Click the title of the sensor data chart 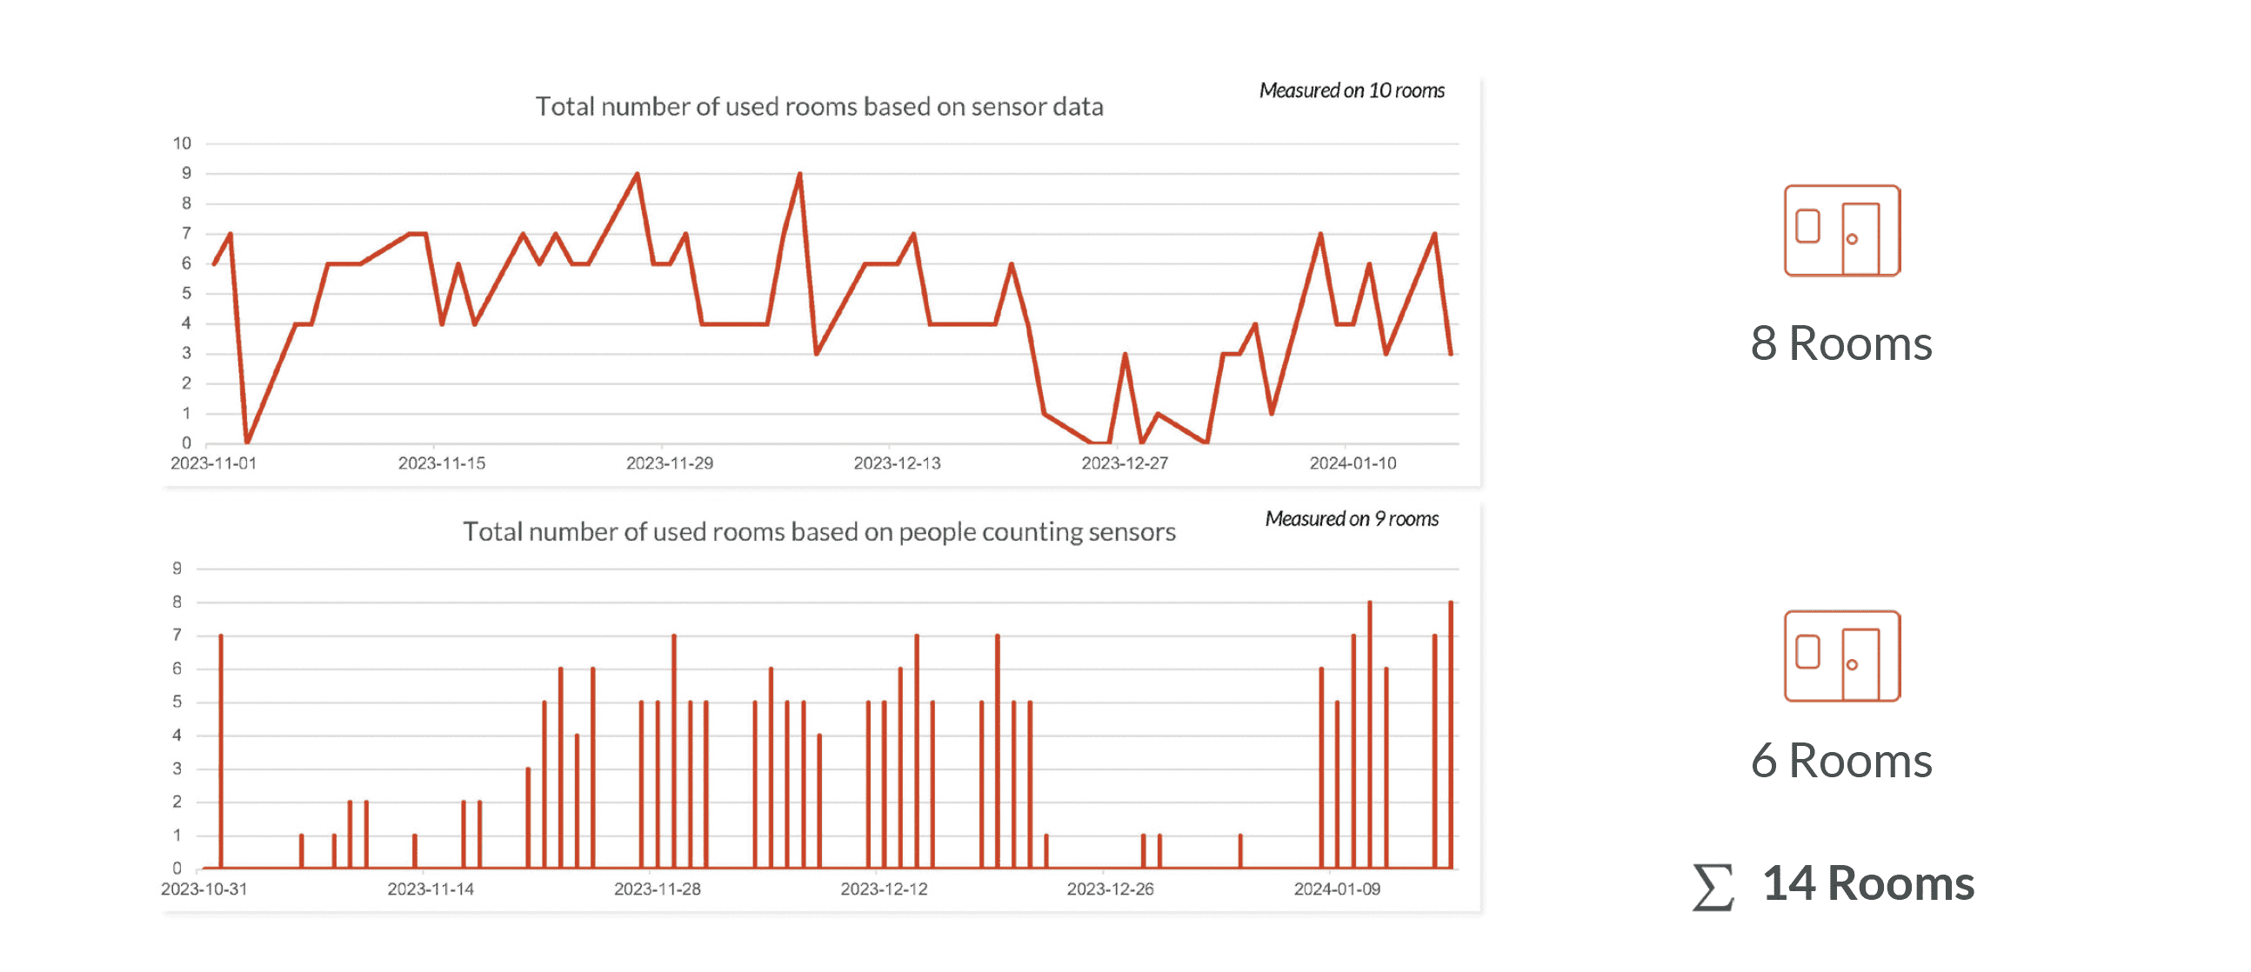pos(818,107)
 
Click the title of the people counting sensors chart pos(818,532)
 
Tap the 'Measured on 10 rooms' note pos(1351,90)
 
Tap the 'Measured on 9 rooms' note pos(1351,519)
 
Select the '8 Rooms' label pos(1841,343)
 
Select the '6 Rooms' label pos(1841,761)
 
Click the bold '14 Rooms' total pos(1868,884)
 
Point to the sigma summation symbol pos(1713,888)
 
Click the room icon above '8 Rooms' pos(1842,230)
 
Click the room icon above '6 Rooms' pos(1842,656)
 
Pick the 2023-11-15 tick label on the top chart pos(441,463)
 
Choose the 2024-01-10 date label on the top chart pos(1352,463)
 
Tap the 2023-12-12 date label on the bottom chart pos(884,889)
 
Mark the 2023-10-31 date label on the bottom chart pos(204,889)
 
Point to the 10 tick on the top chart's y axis pos(182,143)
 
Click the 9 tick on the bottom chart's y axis pos(177,569)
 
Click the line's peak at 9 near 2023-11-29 pos(637,175)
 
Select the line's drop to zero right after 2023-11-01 pos(247,442)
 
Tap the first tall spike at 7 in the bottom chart pos(221,636)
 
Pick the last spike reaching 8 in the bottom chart pos(1451,603)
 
